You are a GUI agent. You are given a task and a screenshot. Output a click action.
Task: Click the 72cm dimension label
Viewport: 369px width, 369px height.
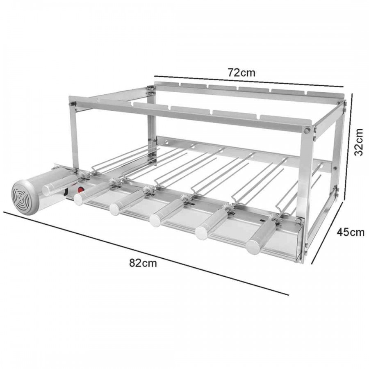241,73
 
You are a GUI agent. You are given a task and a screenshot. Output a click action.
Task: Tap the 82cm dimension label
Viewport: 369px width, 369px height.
143,263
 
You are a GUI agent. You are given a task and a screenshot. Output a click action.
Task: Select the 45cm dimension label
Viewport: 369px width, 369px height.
351,232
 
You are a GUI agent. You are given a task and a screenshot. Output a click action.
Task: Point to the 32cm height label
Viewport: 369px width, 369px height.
359,142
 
